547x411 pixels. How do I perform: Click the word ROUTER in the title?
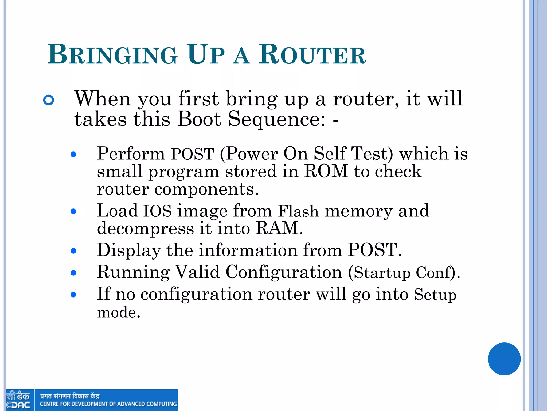tap(312, 55)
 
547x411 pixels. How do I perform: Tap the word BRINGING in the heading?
tap(112, 55)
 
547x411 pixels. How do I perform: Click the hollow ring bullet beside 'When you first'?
tap(49, 100)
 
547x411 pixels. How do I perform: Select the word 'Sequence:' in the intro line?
tap(277, 119)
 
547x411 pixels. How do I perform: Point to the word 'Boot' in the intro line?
tap(199, 119)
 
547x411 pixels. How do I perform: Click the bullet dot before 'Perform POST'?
tap(73, 154)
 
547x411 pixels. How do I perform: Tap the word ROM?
tap(326, 171)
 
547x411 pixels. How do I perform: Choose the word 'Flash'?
tap(298, 211)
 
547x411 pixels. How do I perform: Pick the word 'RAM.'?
tap(279, 228)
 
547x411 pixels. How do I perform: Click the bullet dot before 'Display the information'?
tap(73, 251)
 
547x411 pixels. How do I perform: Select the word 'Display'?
tap(129, 250)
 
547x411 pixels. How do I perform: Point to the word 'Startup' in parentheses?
tap(382, 273)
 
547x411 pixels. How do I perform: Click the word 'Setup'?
tap(435, 295)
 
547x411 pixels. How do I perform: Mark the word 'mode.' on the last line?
tap(119, 313)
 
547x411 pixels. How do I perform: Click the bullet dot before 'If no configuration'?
tap(73, 295)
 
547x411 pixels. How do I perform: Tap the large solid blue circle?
tap(504, 359)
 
